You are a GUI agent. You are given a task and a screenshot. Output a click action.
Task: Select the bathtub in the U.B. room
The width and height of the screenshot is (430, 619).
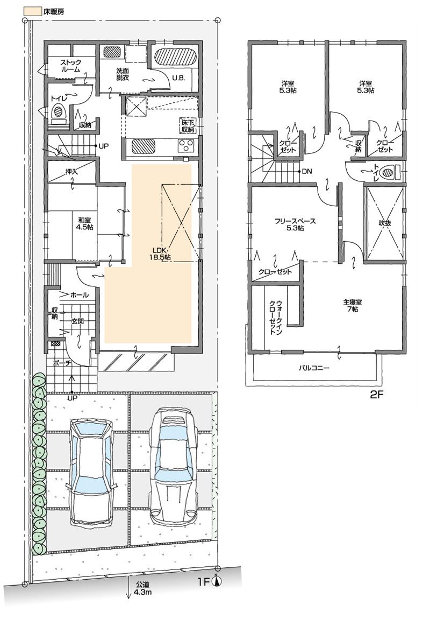tap(174, 56)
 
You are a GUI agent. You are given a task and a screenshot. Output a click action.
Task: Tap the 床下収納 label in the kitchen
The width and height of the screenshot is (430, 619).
tap(186, 125)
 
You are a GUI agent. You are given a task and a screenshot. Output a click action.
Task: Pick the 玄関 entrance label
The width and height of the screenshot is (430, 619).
tap(77, 321)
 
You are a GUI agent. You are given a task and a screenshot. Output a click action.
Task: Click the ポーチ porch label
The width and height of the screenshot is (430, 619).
tap(62, 363)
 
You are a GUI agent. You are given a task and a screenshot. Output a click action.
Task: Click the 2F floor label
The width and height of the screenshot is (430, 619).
tap(376, 393)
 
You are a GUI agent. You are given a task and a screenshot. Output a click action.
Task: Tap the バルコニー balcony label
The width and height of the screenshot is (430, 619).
tap(314, 368)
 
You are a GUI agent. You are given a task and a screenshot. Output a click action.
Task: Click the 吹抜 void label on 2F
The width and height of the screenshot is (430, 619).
tap(384, 222)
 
